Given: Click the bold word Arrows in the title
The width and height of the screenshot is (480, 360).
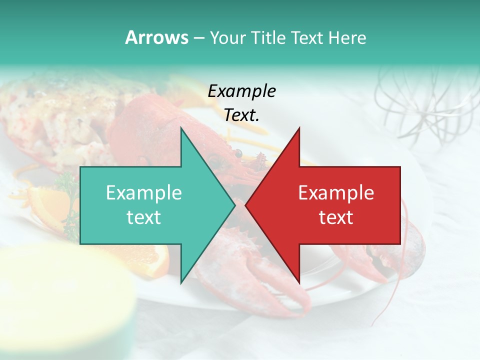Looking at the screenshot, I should click(156, 37).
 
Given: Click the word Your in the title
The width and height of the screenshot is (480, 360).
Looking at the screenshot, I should click(227, 37).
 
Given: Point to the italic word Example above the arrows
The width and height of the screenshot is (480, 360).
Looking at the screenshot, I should click(241, 91).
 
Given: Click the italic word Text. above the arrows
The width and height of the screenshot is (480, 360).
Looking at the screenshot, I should click(241, 115).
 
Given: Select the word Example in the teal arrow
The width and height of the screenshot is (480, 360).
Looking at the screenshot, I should click(144, 192).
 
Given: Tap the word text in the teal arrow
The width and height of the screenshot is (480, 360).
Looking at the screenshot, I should click(144, 217).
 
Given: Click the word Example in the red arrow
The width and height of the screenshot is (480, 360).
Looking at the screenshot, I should click(336, 192).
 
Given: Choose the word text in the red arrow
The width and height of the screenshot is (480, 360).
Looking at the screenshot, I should click(336, 217).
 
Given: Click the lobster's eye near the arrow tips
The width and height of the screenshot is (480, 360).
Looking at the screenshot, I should click(238, 153).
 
